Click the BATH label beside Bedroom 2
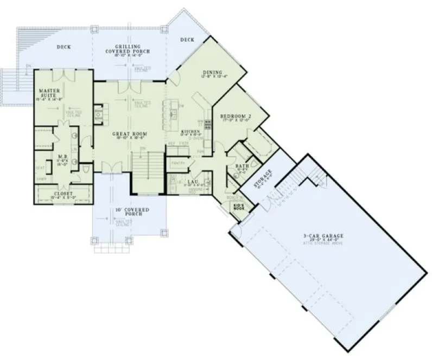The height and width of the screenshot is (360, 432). pos(242,165)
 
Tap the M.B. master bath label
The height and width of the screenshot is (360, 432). pos(62,158)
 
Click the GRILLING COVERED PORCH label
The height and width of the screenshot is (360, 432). pos(128,49)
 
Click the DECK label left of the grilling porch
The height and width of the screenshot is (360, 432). pos(63,47)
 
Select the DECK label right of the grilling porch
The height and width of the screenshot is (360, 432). pos(187,39)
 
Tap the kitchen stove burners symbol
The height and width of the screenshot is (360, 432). pos(207,123)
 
